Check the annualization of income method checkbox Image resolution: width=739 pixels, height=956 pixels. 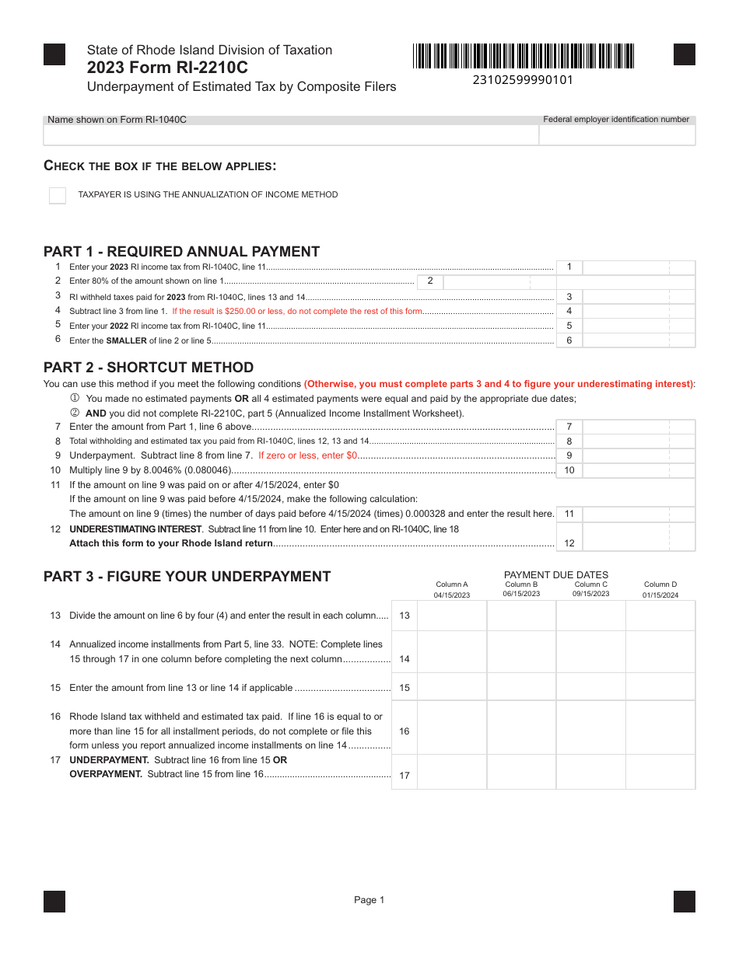tap(58, 195)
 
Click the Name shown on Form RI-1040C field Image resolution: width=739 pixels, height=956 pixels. tap(291, 135)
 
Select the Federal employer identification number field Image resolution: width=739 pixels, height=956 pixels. tap(617, 135)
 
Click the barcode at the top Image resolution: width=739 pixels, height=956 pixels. tap(524, 56)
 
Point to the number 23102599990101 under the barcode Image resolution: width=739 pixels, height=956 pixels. tap(523, 80)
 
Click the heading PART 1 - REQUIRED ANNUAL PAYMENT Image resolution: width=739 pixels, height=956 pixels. tap(181, 252)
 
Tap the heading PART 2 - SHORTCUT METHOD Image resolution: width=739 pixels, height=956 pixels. tap(149, 368)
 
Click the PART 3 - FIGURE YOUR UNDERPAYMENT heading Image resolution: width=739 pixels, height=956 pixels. tap(187, 577)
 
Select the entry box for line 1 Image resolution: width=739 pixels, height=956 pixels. tap(638, 267)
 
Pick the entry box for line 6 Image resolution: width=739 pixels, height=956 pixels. tap(638, 340)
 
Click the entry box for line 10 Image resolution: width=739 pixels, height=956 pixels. tap(638, 470)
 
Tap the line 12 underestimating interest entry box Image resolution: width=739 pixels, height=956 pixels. tap(638, 537)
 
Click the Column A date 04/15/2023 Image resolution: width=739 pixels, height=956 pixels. tap(452, 595)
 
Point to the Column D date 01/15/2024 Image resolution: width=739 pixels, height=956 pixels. tap(660, 595)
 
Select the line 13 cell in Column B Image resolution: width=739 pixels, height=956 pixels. tap(521, 616)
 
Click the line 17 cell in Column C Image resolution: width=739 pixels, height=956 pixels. tap(590, 772)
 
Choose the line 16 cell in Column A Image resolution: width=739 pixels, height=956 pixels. tap(452, 727)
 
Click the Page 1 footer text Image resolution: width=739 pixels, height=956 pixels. tap(369, 900)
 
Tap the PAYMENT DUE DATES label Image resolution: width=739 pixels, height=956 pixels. tap(556, 575)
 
